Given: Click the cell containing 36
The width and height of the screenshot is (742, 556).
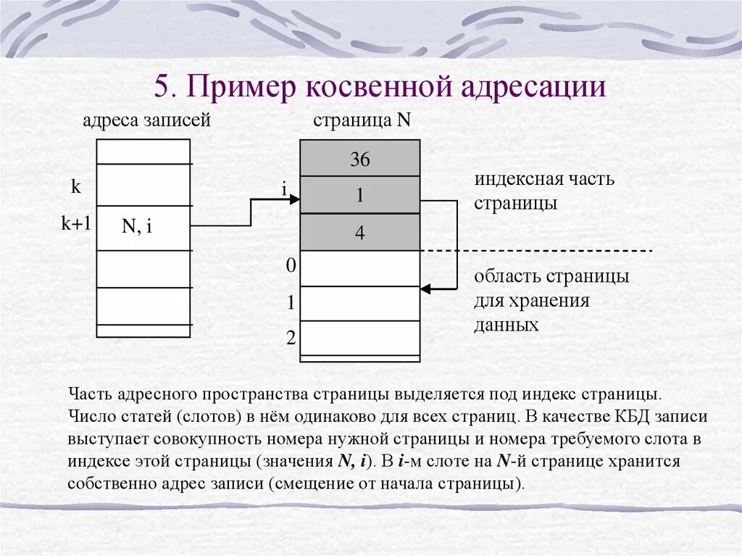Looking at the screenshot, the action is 359,159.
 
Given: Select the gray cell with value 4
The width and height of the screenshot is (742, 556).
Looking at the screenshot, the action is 359,233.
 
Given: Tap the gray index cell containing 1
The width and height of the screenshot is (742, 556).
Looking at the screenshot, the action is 359,195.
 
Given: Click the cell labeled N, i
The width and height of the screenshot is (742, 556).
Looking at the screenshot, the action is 137,227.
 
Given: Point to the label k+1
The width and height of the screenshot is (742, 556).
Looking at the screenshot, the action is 75,224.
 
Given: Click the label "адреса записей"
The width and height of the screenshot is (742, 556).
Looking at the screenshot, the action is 146,120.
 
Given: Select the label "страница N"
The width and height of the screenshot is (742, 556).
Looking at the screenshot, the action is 362,120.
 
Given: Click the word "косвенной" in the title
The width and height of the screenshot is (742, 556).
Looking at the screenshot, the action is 375,88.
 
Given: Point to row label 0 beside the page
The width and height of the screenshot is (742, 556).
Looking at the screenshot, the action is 291,266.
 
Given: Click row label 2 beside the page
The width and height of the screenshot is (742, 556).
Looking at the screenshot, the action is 291,337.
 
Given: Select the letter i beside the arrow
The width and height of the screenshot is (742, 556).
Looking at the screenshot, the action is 285,189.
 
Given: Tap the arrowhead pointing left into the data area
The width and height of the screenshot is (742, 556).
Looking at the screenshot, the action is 425,289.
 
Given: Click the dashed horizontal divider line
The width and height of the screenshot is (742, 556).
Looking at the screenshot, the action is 536,250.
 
